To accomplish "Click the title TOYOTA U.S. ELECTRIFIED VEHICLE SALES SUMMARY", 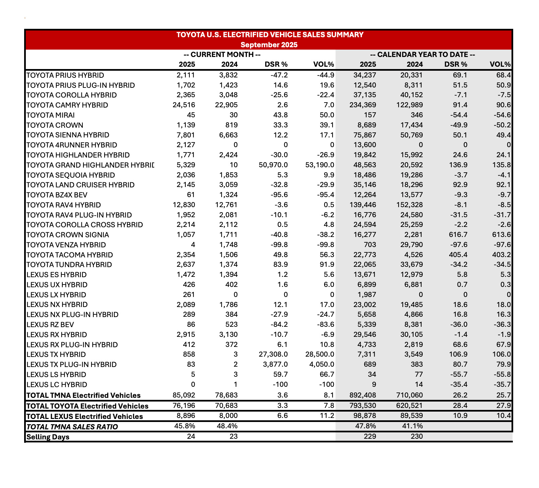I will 269,35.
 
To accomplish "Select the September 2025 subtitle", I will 269,45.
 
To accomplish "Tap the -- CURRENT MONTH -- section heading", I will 222,55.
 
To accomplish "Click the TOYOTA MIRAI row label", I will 50,115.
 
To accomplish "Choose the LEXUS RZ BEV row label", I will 50,325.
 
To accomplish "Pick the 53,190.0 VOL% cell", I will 320,165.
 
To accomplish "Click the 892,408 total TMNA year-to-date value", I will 363,395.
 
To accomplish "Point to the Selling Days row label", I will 48,437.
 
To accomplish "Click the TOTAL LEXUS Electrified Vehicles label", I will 84,417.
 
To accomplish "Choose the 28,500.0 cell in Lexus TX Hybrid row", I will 320,355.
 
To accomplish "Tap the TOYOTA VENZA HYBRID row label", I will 66,245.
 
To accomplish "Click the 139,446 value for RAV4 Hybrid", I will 363,205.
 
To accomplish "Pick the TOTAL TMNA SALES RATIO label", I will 72,427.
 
